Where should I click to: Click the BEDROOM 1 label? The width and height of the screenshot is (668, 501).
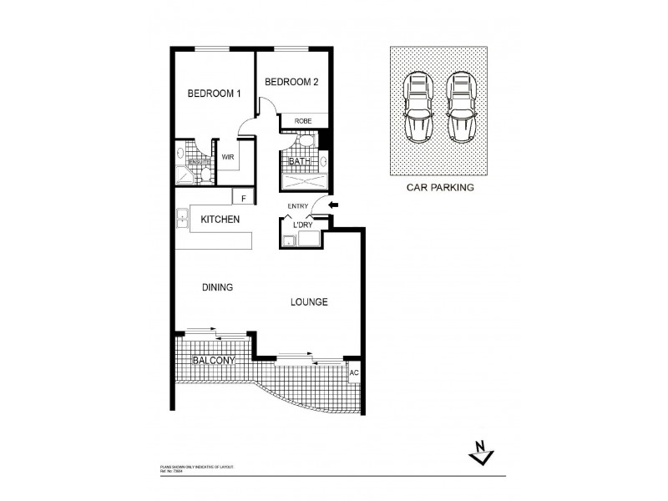(x=214, y=94)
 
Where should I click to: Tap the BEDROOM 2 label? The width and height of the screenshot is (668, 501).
(x=292, y=82)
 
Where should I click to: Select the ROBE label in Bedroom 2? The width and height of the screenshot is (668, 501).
(x=302, y=121)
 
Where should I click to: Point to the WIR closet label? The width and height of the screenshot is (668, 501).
(x=227, y=156)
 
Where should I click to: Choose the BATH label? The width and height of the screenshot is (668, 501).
(x=299, y=162)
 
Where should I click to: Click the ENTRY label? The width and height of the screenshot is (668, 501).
(x=298, y=206)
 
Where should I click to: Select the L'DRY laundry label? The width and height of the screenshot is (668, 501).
(x=302, y=226)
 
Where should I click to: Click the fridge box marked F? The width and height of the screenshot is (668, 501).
(x=243, y=198)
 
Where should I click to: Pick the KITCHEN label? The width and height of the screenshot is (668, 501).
(x=220, y=220)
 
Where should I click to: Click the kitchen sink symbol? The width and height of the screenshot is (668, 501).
(x=181, y=220)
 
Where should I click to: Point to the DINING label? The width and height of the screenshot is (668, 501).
(x=217, y=287)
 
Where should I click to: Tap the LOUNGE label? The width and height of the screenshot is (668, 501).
(x=308, y=301)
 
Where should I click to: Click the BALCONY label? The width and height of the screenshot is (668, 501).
(x=213, y=361)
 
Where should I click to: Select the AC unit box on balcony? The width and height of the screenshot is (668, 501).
(x=354, y=372)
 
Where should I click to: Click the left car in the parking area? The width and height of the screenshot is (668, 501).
(x=417, y=106)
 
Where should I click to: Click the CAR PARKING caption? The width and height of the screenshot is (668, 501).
(x=440, y=188)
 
